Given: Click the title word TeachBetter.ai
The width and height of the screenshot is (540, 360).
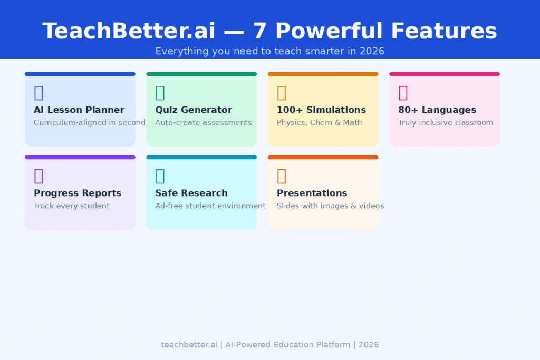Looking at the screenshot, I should tap(129, 31).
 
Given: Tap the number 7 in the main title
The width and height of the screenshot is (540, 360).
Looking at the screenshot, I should tap(259, 31).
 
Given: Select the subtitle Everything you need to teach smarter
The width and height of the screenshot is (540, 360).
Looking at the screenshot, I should tap(269, 51).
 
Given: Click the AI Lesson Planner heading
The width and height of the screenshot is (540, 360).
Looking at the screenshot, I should tap(79, 110).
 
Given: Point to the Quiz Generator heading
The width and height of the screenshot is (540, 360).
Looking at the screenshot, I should tap(194, 110).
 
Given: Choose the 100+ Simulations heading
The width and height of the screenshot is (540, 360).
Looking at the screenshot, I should tap(321, 110).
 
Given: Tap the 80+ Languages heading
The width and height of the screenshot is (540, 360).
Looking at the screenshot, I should tap(437, 110).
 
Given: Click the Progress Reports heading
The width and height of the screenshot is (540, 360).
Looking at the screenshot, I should tap(78, 193).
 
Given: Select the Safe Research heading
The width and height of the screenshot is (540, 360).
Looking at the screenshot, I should tap(191, 193).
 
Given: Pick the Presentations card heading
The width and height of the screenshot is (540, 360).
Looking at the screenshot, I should tap(312, 193).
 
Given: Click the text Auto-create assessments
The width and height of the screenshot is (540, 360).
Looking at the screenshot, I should tap(204, 123).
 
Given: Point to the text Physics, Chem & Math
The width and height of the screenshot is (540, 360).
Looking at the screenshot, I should tap(319, 123).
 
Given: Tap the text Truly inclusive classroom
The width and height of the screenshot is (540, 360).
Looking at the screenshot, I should tap(446, 123).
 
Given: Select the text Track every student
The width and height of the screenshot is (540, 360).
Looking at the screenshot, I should tap(72, 206).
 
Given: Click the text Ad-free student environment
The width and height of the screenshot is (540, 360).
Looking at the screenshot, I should tap(210, 206).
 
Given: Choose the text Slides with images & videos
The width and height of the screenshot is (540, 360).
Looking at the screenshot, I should tap(330, 206).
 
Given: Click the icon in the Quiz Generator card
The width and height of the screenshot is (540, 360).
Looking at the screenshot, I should tap(160, 93).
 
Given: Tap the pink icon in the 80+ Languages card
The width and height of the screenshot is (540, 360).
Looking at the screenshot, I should tap(403, 93).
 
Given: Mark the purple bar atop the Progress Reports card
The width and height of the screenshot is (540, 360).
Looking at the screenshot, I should tap(80, 157).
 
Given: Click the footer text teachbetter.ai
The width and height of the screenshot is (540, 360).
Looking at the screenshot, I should tap(189, 345).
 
